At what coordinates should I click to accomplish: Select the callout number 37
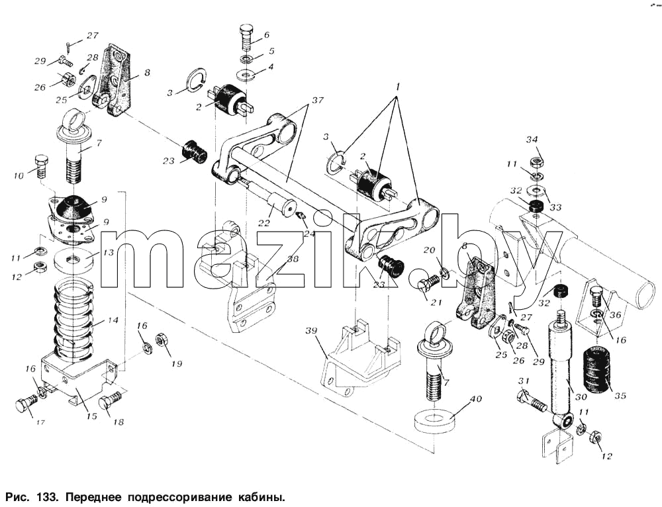tap(318, 100)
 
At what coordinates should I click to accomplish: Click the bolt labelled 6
tap(246, 38)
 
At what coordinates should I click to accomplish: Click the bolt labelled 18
tap(111, 401)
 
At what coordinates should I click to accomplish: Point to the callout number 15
tap(91, 416)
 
